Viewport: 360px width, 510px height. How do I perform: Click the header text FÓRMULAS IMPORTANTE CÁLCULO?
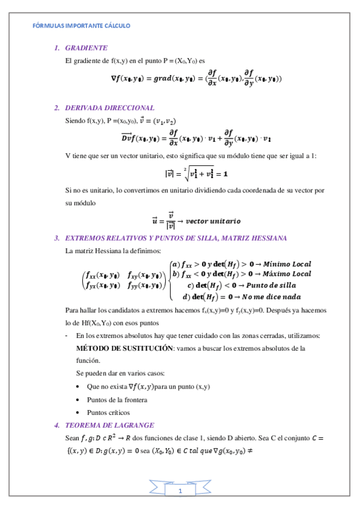pyautogui.click(x=81, y=26)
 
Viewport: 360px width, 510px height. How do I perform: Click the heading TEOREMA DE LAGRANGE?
pyautogui.click(x=108, y=425)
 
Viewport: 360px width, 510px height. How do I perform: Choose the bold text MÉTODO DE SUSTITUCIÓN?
pyautogui.click(x=124, y=348)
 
